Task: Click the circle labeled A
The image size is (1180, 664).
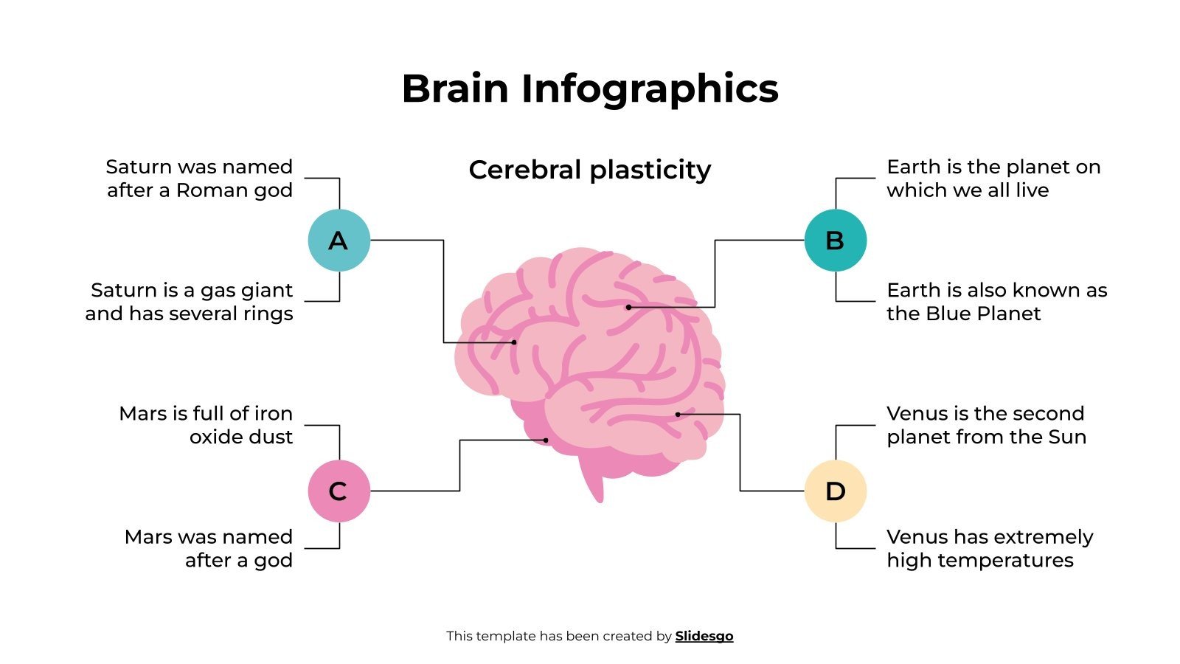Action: click(339, 241)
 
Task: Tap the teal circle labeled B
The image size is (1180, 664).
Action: click(835, 241)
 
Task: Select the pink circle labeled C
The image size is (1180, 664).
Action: click(339, 491)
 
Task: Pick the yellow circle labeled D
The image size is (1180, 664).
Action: click(835, 491)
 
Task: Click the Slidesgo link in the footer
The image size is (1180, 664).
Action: click(704, 636)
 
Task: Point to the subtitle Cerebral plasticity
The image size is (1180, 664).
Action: click(590, 170)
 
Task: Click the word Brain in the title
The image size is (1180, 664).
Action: click(455, 89)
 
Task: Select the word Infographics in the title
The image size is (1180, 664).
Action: click(650, 89)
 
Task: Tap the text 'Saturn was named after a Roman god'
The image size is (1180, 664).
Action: click(199, 179)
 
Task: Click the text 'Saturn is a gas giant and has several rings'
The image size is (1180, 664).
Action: click(190, 302)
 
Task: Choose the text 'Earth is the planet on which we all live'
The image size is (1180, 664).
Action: click(993, 179)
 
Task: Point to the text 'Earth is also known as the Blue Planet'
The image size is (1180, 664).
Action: click(996, 302)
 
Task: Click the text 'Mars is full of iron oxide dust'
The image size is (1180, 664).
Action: click(206, 425)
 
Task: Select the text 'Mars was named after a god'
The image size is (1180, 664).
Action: click(209, 548)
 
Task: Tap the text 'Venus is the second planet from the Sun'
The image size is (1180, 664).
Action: click(986, 425)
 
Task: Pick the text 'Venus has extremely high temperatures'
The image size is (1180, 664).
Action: click(989, 548)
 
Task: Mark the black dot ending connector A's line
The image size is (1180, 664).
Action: click(514, 342)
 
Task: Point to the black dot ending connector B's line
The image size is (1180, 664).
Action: click(628, 307)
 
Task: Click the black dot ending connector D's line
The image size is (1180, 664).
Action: click(678, 415)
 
